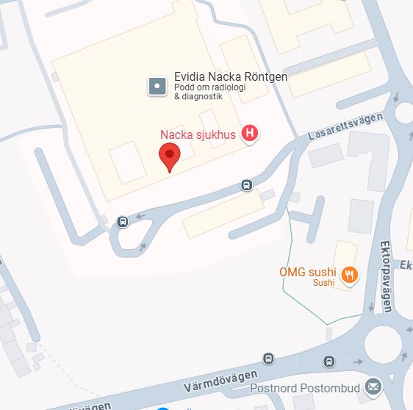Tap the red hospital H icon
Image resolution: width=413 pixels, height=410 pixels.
tap(251, 133)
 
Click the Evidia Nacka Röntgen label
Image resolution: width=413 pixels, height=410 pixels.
tap(230, 76)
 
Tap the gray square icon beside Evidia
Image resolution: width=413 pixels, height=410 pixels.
tap(157, 86)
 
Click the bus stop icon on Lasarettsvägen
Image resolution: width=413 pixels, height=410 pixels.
tap(247, 186)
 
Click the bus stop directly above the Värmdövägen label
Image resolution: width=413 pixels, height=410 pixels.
tap(268, 359)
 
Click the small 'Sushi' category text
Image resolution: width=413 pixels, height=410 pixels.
tap(323, 283)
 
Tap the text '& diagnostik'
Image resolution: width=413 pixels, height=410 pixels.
tap(198, 97)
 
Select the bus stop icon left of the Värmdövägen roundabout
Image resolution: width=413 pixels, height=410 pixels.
tap(329, 362)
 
